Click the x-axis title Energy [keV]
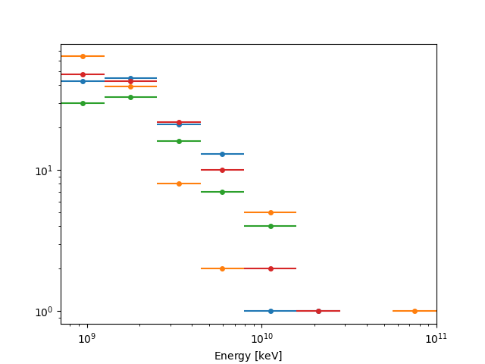(x=248, y=356)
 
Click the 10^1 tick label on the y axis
(x=44, y=170)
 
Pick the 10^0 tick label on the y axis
(x=44, y=312)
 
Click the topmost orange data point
(x=83, y=56)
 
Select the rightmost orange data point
(x=415, y=311)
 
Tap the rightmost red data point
(x=318, y=311)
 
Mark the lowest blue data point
(x=271, y=311)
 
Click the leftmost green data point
(x=83, y=103)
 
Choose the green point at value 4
(x=271, y=226)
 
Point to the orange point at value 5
(x=271, y=212)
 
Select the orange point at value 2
(x=222, y=268)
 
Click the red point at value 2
(x=271, y=268)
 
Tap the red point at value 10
(x=222, y=170)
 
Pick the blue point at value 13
(x=222, y=154)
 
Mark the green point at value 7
(x=222, y=192)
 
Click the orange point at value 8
(x=179, y=184)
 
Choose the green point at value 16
(x=179, y=141)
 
